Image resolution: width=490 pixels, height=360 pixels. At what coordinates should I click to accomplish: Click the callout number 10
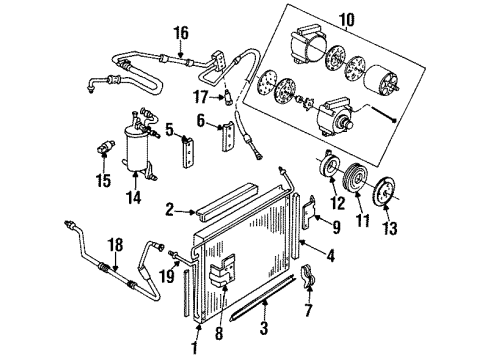[x=347, y=20]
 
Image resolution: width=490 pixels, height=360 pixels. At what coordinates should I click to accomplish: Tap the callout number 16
[x=181, y=33]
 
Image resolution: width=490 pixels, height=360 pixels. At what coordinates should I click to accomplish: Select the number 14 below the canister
[x=134, y=197]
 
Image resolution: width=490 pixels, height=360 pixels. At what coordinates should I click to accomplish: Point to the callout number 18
[x=115, y=245]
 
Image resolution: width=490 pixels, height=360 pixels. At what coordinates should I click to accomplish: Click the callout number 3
[x=264, y=328]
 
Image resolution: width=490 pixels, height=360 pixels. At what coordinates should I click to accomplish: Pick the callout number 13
[x=390, y=229]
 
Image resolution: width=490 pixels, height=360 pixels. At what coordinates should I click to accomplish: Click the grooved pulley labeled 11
[x=355, y=176]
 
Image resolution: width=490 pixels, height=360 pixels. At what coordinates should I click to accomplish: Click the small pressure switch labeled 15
[x=106, y=146]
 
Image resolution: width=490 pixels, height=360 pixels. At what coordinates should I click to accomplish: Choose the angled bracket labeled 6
[x=228, y=136]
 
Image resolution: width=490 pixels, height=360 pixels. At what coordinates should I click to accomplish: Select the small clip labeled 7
[x=308, y=276]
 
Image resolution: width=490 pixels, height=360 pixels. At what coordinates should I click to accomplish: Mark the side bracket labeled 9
[x=310, y=212]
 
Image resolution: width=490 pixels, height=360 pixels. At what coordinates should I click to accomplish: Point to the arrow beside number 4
[x=311, y=247]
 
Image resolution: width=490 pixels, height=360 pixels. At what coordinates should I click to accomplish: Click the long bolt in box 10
[x=382, y=114]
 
